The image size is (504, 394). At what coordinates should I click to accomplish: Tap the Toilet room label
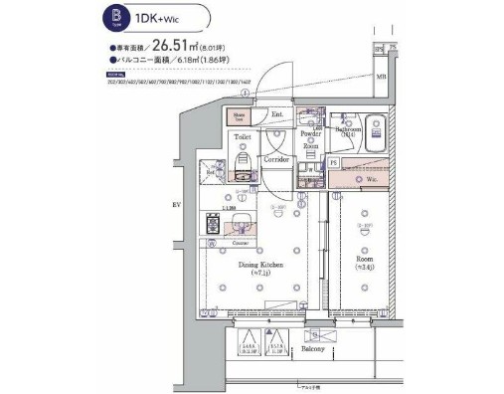[x=242, y=138]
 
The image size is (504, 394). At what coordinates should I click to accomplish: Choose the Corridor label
[x=276, y=159]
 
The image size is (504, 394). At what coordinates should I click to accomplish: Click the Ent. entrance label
[x=278, y=115]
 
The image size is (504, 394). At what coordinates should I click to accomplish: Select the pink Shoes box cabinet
[x=239, y=115]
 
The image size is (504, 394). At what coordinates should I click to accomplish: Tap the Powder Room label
[x=310, y=139]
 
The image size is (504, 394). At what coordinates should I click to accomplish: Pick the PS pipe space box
[x=334, y=162]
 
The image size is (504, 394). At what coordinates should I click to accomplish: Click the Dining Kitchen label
[x=261, y=266]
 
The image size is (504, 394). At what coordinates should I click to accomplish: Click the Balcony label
[x=314, y=350]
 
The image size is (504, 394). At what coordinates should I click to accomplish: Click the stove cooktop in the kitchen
[x=213, y=225]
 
